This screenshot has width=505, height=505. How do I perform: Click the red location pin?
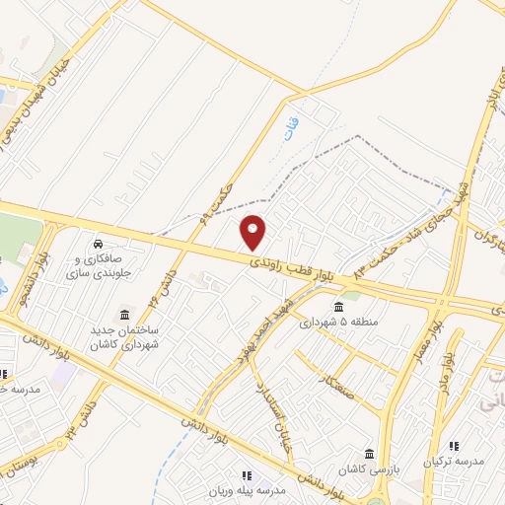pyautogui.click(x=253, y=232)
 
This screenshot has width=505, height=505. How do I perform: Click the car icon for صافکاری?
pyautogui.click(x=99, y=243)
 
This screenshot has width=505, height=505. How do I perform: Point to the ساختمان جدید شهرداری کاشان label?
pyautogui.click(x=126, y=341)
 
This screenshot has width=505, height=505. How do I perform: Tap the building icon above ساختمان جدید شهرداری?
pyautogui.click(x=125, y=313)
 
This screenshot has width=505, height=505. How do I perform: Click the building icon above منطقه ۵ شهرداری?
pyautogui.click(x=339, y=305)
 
